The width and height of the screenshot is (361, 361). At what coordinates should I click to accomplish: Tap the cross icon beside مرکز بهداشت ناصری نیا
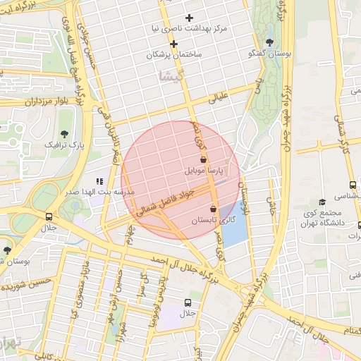(188, 18)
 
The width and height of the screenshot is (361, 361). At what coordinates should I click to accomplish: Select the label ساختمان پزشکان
(174, 54)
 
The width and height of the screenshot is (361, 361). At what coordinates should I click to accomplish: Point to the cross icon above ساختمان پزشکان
(174, 44)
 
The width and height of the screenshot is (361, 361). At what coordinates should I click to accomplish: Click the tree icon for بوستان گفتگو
(269, 42)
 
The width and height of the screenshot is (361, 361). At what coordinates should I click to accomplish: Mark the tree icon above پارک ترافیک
(64, 133)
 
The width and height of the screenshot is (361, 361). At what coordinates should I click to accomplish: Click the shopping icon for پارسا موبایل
(203, 160)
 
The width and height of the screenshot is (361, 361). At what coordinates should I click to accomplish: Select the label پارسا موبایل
(204, 171)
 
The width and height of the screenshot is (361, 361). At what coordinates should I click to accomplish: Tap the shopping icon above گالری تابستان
(213, 209)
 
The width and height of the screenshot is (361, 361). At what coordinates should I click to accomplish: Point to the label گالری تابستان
(213, 221)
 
